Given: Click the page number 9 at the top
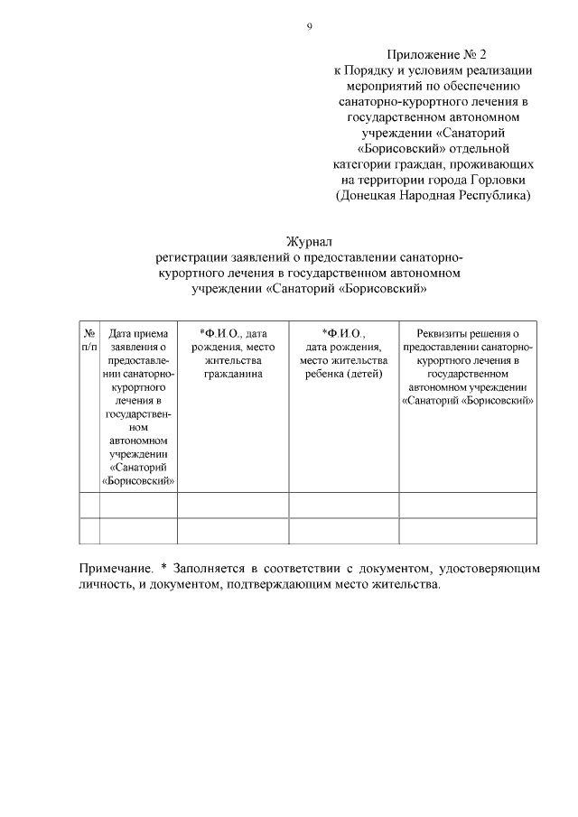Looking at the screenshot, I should coord(309,27).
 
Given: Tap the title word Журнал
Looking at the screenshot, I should coord(309,242).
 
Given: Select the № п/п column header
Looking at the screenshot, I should coord(89,339).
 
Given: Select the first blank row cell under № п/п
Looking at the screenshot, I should coord(89,505).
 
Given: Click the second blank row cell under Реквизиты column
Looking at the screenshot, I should coord(467,531).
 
